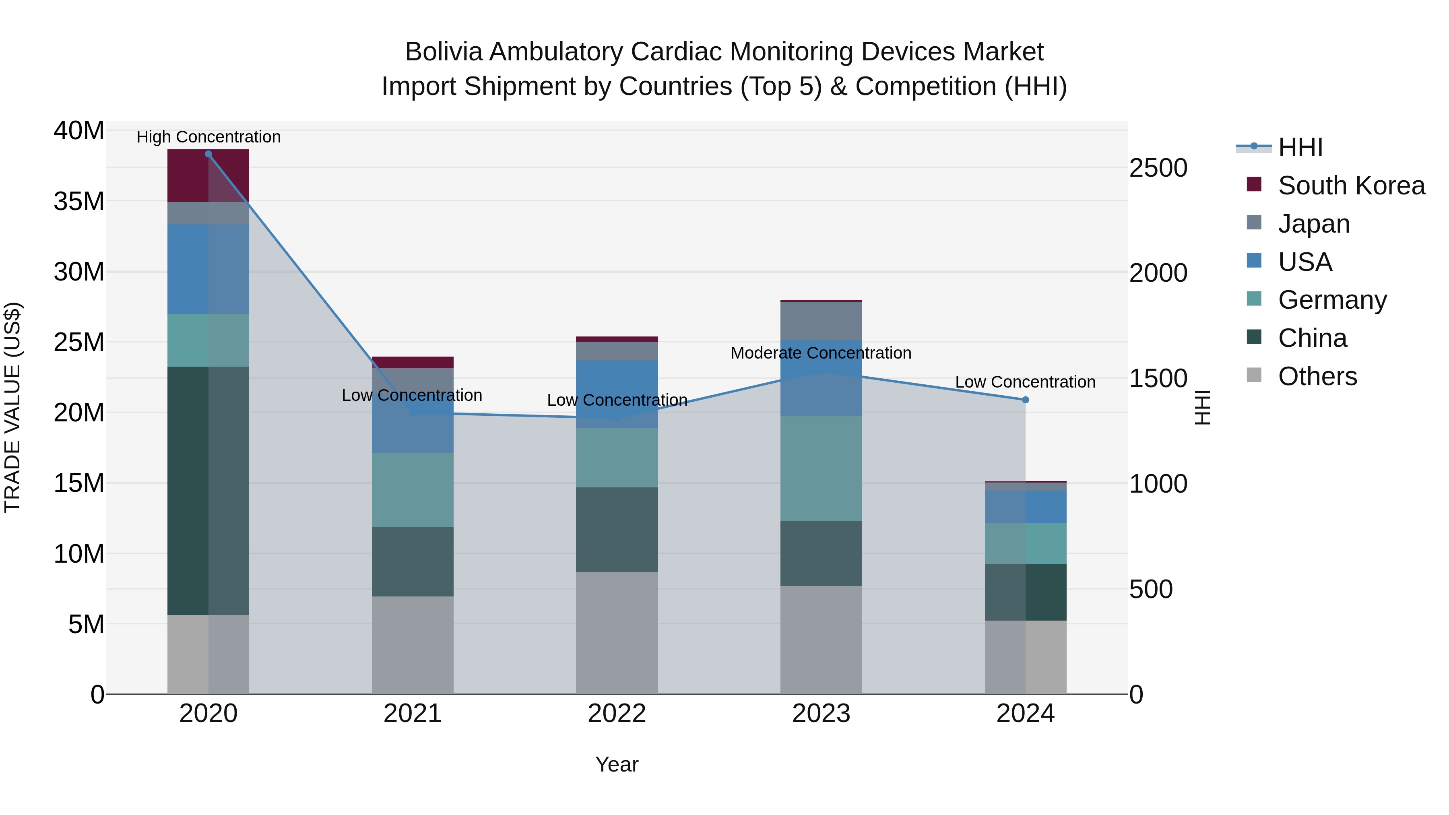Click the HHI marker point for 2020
click(x=208, y=154)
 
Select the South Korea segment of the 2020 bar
click(x=208, y=175)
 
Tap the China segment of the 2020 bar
click(x=208, y=491)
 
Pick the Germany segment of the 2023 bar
click(x=821, y=468)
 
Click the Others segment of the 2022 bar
click(x=617, y=633)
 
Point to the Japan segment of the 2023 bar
click(x=821, y=321)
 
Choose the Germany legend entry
click(x=1332, y=300)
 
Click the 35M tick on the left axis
click(x=79, y=201)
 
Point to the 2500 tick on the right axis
click(x=1158, y=168)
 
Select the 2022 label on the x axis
click(x=617, y=714)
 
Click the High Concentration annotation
click(x=208, y=137)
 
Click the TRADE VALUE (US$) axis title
click(x=12, y=407)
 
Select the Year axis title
click(x=617, y=764)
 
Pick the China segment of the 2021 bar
click(x=412, y=561)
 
